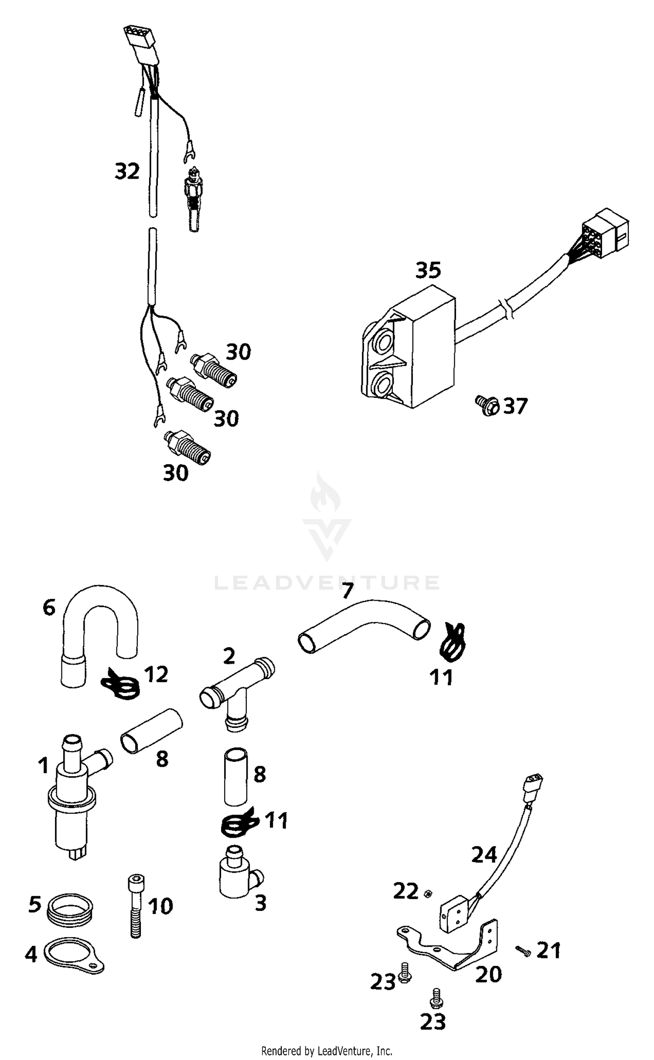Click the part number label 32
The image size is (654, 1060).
point(127,171)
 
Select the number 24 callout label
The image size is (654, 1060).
point(484,855)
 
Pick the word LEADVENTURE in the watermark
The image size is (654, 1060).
point(327,583)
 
